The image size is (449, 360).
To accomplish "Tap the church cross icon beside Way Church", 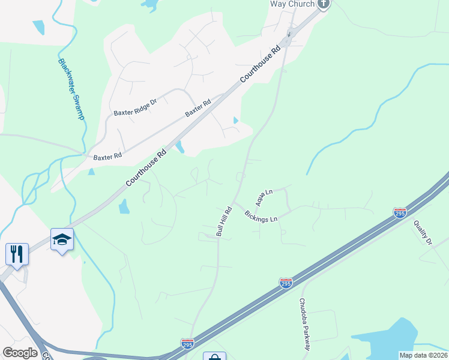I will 324,4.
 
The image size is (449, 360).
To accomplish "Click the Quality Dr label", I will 423,232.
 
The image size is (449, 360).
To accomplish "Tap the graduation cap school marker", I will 62,239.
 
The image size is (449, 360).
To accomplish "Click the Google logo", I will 20,353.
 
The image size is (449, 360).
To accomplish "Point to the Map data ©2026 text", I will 424,355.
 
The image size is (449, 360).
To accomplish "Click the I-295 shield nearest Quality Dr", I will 400,212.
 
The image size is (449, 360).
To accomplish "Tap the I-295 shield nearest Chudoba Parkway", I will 286,282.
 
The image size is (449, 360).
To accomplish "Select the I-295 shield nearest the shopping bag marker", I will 187,343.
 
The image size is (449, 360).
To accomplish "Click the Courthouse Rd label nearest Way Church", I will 261,65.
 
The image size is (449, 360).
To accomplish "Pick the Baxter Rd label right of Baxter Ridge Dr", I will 198,109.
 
